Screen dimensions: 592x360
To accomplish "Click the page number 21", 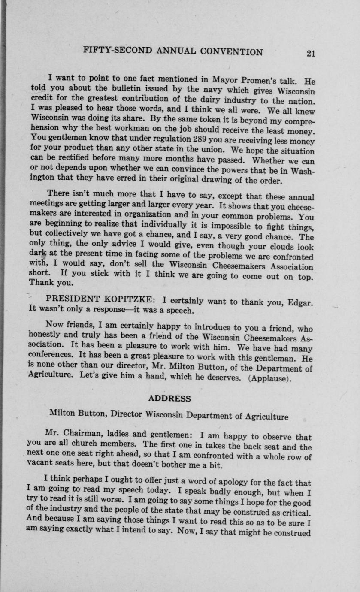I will (x=311, y=53).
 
